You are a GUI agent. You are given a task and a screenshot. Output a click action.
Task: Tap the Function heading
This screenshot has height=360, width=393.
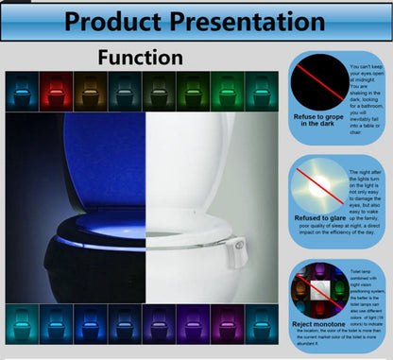click(x=141, y=59)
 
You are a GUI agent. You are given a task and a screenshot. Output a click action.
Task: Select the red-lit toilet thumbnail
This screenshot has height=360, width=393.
click(x=57, y=92)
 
